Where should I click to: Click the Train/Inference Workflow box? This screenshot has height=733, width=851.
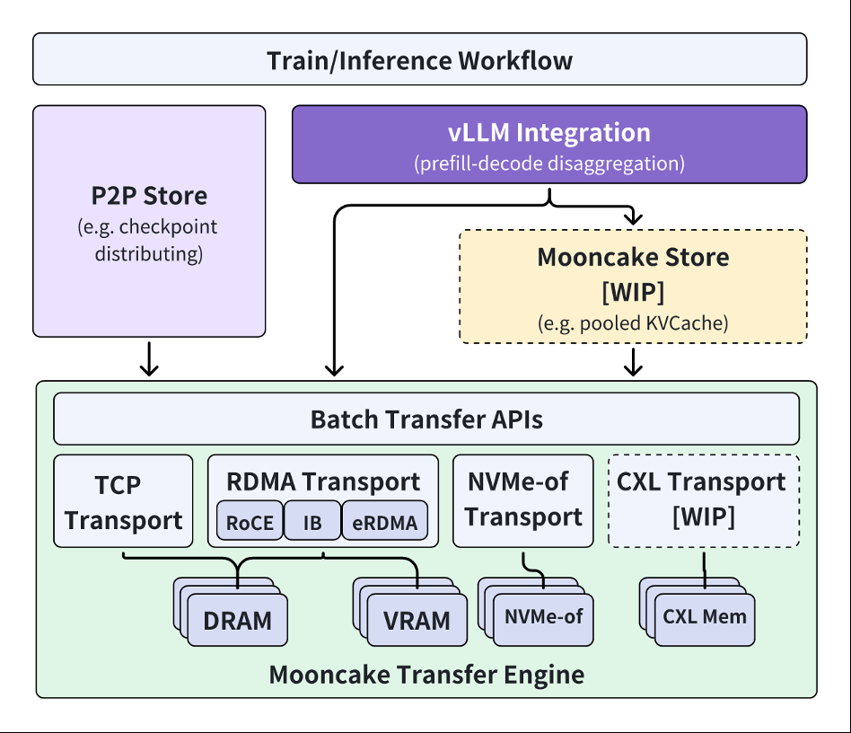419,60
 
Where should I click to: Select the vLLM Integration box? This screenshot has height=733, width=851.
548,144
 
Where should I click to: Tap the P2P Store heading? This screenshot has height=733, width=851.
149,196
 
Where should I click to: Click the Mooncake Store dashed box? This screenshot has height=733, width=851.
633,286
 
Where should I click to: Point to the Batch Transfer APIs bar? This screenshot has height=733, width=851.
426,419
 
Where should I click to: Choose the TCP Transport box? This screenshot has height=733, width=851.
123,501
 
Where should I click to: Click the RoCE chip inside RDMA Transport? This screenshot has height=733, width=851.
250,523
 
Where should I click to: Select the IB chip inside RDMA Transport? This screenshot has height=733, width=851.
312,523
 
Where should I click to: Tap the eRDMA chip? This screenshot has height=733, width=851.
384,523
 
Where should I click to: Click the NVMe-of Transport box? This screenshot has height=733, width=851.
522,500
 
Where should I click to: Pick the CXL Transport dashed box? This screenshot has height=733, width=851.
704,500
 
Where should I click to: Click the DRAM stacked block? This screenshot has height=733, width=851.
237,621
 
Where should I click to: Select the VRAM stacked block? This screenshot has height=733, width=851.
417,621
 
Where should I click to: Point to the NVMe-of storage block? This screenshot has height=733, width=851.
543,617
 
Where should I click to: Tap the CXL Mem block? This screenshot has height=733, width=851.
704,617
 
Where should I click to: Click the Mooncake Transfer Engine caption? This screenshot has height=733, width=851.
426,674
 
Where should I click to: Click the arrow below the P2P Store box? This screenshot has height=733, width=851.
149,358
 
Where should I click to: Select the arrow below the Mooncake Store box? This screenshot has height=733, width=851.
634,361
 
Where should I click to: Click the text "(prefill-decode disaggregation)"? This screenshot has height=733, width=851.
548,164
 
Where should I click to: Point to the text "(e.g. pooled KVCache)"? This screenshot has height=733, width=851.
633,322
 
